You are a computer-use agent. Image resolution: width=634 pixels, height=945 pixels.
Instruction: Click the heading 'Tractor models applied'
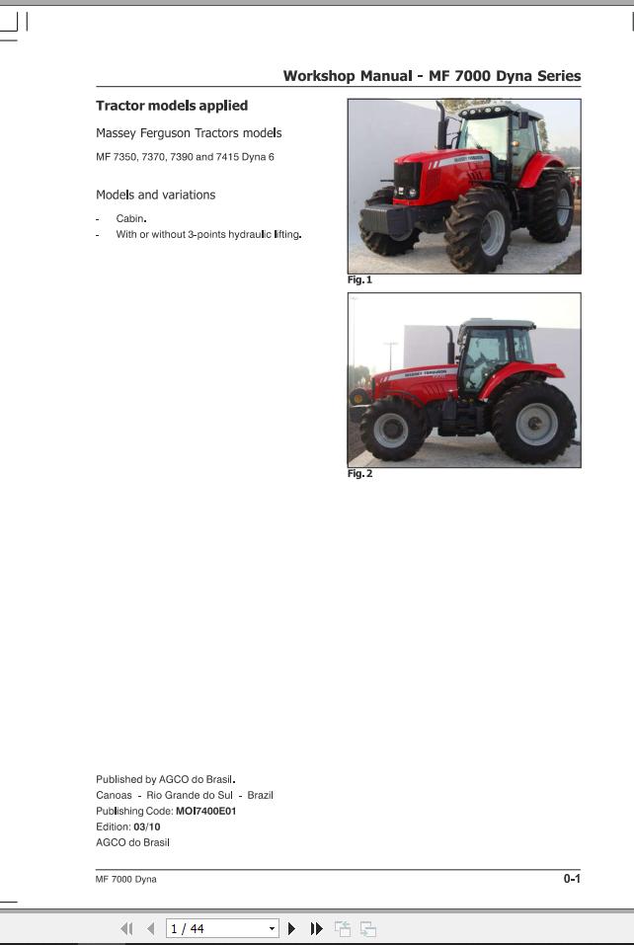point(172,106)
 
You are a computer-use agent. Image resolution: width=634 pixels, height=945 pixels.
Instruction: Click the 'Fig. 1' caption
point(359,280)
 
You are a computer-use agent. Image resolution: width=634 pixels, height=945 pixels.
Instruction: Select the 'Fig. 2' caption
point(359,474)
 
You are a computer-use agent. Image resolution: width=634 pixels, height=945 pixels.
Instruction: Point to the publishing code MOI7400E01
point(206,812)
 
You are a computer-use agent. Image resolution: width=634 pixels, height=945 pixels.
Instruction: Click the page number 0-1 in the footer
point(572,879)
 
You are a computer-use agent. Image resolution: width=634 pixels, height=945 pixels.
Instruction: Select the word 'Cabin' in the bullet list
point(130,219)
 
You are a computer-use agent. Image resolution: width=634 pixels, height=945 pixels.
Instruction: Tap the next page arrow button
point(291,929)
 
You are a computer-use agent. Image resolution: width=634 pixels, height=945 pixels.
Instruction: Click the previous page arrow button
point(151,929)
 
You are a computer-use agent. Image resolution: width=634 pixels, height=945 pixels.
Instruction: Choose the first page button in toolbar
point(126,929)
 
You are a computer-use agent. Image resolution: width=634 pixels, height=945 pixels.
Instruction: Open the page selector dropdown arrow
point(272,929)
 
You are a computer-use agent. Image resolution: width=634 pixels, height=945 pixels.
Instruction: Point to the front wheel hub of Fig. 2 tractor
point(390,431)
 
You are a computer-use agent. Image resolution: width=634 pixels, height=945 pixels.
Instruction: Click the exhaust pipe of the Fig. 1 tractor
point(441,125)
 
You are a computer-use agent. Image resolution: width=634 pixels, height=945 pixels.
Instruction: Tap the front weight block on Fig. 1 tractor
point(385,219)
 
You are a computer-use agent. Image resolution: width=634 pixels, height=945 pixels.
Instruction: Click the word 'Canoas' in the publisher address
point(114,796)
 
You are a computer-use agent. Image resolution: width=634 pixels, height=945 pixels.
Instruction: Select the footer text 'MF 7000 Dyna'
point(126,879)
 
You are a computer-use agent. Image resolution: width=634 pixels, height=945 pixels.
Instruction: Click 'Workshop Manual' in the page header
point(348,76)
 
